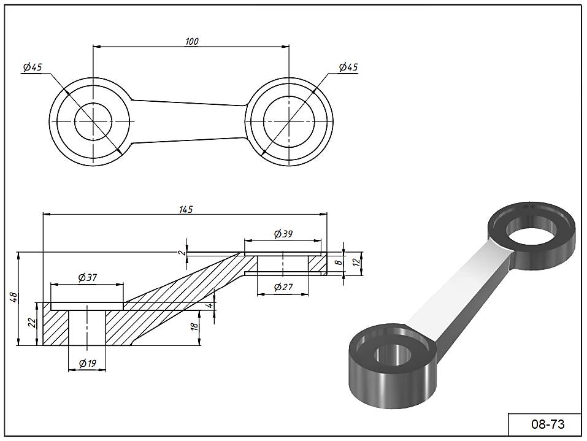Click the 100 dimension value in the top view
pos(191,42)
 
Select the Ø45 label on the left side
pos(31,67)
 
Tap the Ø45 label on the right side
pos(348,67)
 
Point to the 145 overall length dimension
pos(186,209)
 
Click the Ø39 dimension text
pos(283,234)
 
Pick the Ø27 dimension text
pos(282,287)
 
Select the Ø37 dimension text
pos(88,277)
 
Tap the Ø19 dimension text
pos(88,364)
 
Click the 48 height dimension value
pos(13,298)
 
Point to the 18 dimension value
pos(195,326)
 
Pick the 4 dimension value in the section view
pos(209,305)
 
